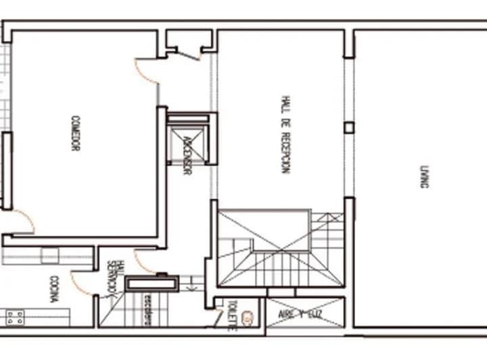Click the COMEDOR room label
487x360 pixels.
75,133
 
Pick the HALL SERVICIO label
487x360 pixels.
117,277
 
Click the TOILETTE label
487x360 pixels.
231,315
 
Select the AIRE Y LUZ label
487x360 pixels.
304,314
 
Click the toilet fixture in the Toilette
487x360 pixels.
248,315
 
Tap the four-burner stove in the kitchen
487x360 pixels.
15,316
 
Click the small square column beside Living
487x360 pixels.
349,127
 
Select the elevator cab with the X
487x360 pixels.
188,144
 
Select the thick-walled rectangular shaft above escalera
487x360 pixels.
152,284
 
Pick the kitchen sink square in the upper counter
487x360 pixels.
51,256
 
